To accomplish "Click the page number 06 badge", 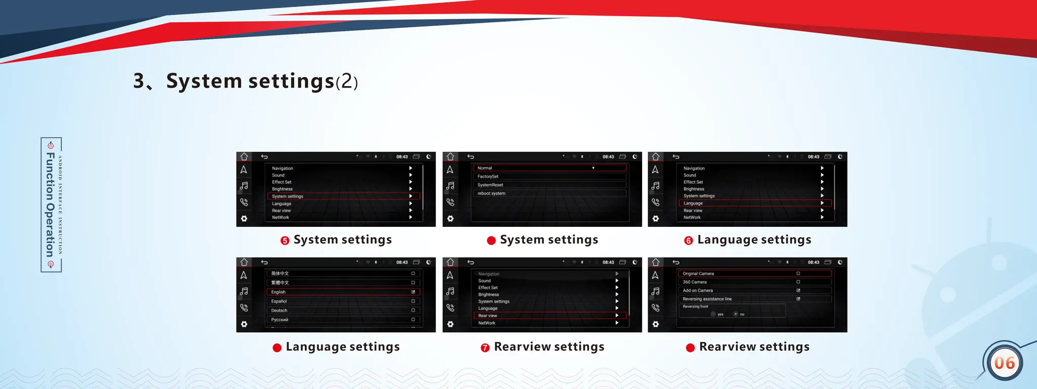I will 1004,363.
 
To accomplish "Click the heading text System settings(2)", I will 246,81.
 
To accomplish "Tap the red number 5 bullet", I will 285,241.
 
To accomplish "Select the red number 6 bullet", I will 688,241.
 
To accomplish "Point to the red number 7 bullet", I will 485,348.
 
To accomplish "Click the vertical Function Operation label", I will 51,205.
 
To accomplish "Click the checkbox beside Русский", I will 413,320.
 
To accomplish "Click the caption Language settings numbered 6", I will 754,240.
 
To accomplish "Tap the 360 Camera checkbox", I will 798,282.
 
